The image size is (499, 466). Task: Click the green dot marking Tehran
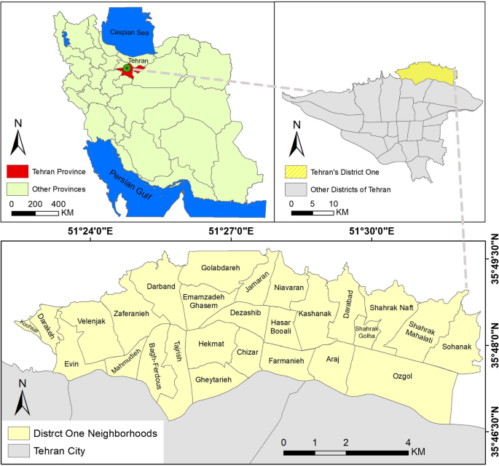(127, 68)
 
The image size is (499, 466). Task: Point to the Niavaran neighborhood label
(288, 288)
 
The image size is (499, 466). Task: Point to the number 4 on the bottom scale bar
(407, 443)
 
